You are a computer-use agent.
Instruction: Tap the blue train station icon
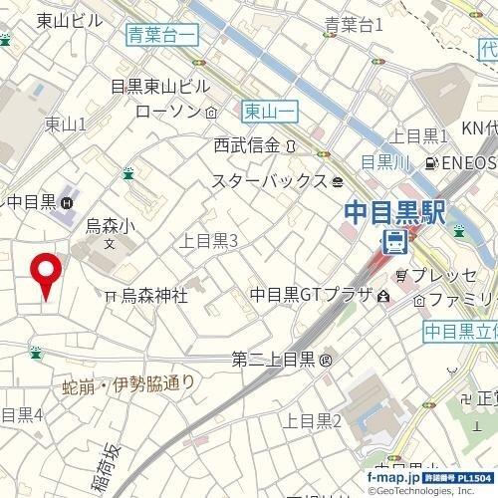coord(395,239)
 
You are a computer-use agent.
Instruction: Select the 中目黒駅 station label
coord(394,212)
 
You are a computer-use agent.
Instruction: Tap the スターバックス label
coord(269,181)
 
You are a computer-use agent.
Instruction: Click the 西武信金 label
coord(247,145)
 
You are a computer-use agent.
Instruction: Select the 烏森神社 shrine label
coord(154,295)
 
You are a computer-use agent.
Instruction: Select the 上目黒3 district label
coord(207,240)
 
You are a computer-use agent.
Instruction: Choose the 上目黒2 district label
coord(313,421)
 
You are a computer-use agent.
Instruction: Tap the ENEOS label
coord(468,162)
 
